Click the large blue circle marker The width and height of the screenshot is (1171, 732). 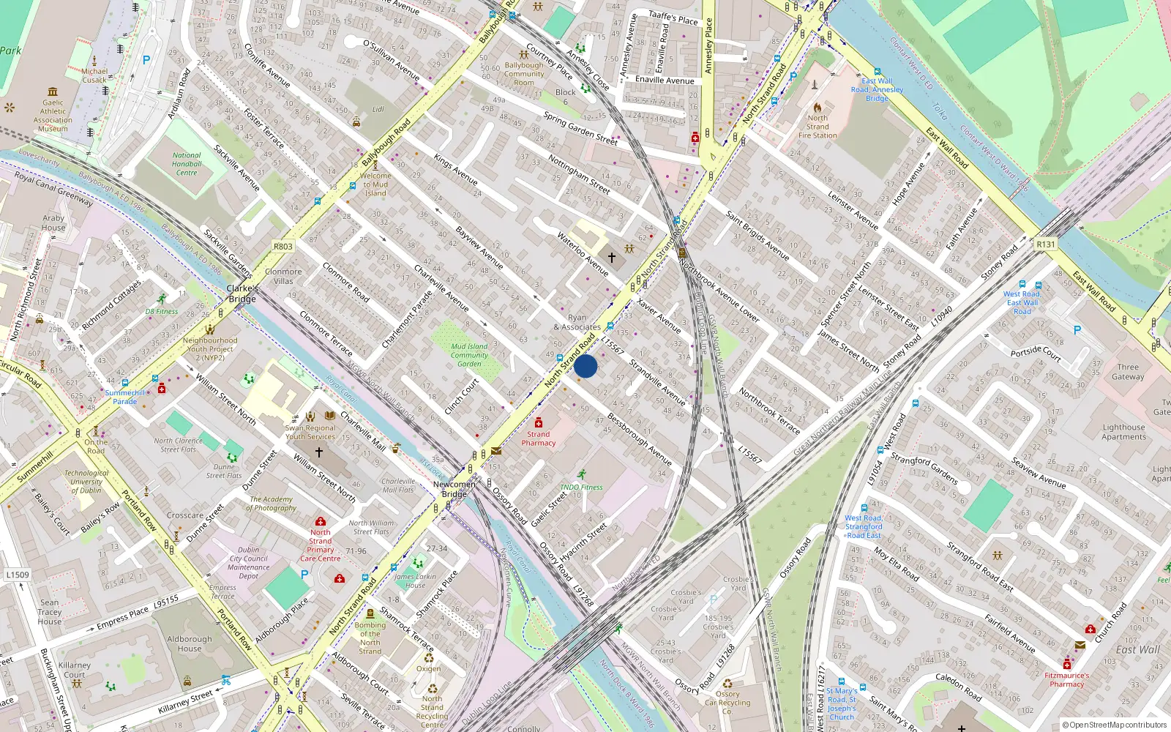(585, 366)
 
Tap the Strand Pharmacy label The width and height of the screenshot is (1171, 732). (539, 438)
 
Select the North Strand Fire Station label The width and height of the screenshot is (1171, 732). (818, 127)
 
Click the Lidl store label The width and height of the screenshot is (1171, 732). (378, 109)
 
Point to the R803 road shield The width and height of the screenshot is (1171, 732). (283, 247)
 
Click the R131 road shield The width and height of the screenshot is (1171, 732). (1046, 244)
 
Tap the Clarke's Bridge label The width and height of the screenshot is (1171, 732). (242, 294)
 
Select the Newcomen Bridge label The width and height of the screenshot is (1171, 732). (454, 489)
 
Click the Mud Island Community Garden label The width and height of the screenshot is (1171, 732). (469, 355)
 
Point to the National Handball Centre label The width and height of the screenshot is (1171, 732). (187, 164)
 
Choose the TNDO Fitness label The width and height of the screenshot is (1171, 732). (581, 487)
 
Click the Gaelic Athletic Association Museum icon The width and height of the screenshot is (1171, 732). (53, 91)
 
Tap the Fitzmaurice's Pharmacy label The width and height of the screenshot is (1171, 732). (1066, 680)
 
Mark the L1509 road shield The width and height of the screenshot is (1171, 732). (18, 575)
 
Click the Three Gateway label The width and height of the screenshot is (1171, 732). (1128, 372)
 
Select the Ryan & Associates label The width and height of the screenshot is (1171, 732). (577, 323)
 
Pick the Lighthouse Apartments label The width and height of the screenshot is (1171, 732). (1124, 432)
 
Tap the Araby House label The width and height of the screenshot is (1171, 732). (53, 223)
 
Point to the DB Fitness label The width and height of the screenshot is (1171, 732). (161, 311)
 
